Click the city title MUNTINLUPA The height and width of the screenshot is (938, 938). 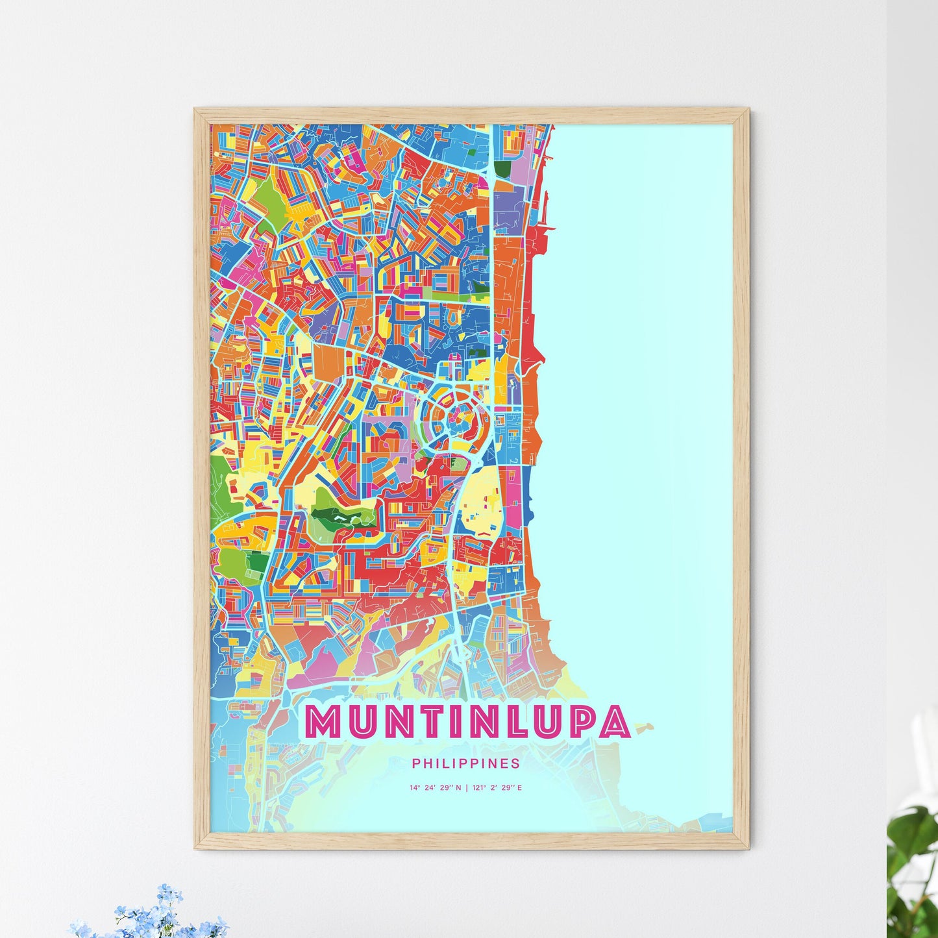467,722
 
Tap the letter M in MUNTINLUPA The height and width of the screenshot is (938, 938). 323,722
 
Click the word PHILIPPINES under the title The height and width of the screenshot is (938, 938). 465,763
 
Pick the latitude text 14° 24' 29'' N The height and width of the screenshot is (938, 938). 435,788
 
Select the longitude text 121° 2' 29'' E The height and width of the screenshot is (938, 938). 498,788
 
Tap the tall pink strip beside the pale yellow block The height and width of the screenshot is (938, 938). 513,500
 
